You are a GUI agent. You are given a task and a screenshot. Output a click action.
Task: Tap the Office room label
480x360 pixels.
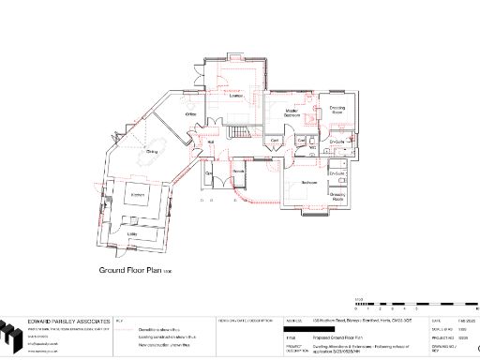pos(189,113)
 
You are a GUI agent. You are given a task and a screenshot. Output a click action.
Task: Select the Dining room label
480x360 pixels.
pos(151,150)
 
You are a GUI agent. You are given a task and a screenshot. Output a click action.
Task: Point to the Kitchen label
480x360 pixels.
pos(137,194)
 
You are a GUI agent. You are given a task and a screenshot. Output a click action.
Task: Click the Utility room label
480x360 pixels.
pos(132,233)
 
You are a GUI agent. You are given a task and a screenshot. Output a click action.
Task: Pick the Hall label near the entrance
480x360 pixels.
pos(212,142)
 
